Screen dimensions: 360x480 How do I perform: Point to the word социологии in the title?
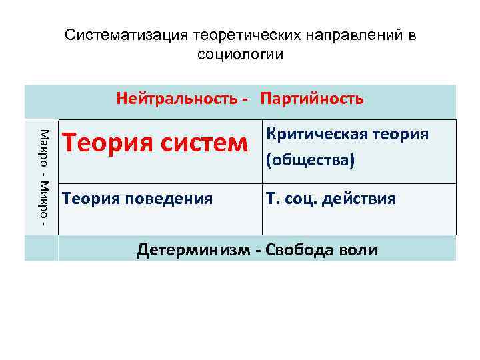241,54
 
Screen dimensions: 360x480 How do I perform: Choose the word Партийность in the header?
313,99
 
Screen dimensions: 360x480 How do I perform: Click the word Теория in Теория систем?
102,141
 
